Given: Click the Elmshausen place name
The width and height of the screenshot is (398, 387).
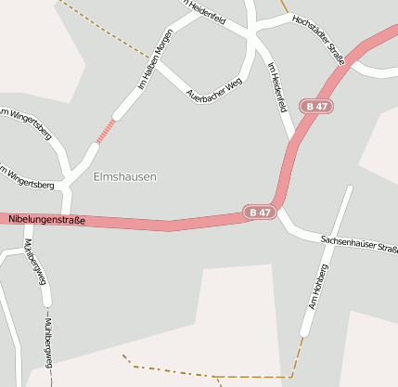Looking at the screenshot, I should (x=124, y=176).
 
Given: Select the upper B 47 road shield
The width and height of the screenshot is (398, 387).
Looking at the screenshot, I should (x=316, y=107).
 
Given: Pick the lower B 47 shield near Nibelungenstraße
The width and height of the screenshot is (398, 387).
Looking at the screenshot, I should (x=261, y=213).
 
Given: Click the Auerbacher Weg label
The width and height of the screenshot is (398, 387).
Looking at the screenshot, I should (x=213, y=89).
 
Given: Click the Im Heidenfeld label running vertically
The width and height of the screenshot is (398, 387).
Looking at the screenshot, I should (x=276, y=88).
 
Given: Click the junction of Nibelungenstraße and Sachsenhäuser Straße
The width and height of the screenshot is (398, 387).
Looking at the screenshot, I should (x=279, y=210).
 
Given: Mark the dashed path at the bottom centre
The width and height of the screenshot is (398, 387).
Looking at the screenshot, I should (x=213, y=375).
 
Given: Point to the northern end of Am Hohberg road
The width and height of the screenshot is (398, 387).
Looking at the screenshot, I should (x=350, y=189).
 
